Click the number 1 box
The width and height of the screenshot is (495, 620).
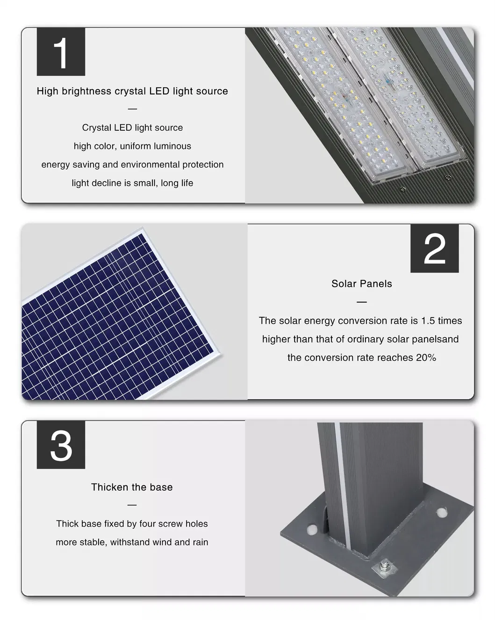pos(61,52)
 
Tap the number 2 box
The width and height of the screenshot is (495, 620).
pos(434,249)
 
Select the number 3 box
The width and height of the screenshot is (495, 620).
pos(61,445)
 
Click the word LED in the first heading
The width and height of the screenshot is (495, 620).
pos(159,91)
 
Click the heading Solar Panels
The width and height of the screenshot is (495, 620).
pos(361,284)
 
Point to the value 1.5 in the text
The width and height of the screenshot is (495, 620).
pos(428,321)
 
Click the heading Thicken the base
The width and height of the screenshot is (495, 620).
pos(132,487)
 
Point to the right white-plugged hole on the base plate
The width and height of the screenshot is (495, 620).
pos(440,513)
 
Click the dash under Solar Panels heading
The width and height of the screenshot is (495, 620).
pos(361,302)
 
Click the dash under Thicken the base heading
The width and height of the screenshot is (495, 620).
pos(132,505)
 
